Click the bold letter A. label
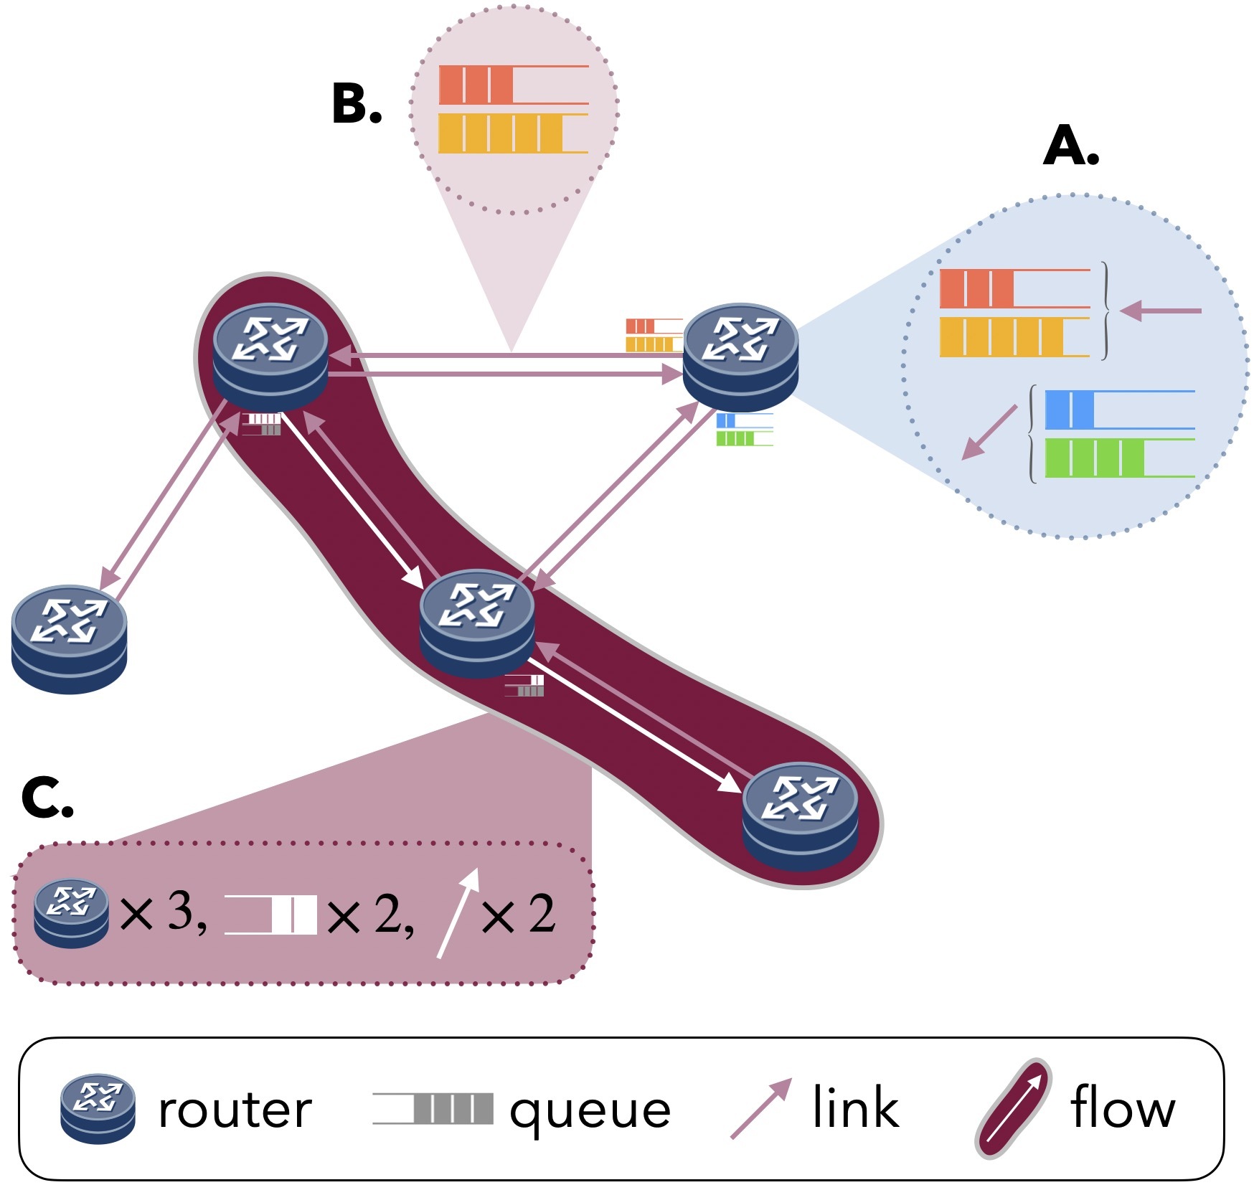pos(1070,147)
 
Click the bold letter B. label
pos(357,105)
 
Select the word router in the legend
pos(235,1109)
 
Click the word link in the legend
pos(855,1108)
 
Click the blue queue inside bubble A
pos(1119,410)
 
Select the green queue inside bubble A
pos(1119,458)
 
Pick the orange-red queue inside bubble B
pos(513,85)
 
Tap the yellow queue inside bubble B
pos(513,133)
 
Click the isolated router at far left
pos(69,638)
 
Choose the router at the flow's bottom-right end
pos(800,816)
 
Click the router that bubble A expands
pos(740,357)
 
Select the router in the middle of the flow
pos(476,623)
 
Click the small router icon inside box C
pos(71,913)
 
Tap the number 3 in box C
pos(182,912)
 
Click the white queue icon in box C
pos(270,915)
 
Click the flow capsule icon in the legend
pos(1013,1108)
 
